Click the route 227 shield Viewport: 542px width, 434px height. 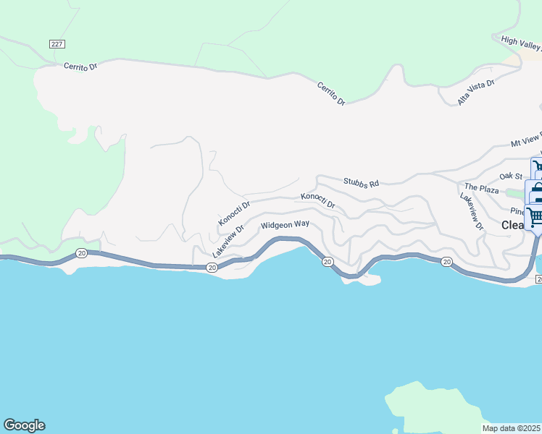(x=57, y=44)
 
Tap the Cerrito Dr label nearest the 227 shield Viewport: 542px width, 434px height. (x=80, y=66)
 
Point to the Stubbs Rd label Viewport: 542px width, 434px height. (x=361, y=184)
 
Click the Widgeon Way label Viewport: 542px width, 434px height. (x=285, y=225)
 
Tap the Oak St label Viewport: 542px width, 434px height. (x=511, y=176)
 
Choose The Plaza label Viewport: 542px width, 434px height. (x=482, y=189)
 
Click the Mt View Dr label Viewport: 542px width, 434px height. (x=525, y=143)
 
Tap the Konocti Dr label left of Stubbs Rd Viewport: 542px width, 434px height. (x=234, y=213)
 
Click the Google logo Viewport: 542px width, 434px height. (x=24, y=425)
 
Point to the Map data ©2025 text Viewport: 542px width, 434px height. (x=512, y=428)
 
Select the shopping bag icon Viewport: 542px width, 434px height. (x=537, y=192)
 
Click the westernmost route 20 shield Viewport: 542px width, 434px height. (x=81, y=253)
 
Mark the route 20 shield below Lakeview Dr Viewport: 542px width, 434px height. (x=211, y=268)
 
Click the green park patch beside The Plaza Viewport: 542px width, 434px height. (x=514, y=192)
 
